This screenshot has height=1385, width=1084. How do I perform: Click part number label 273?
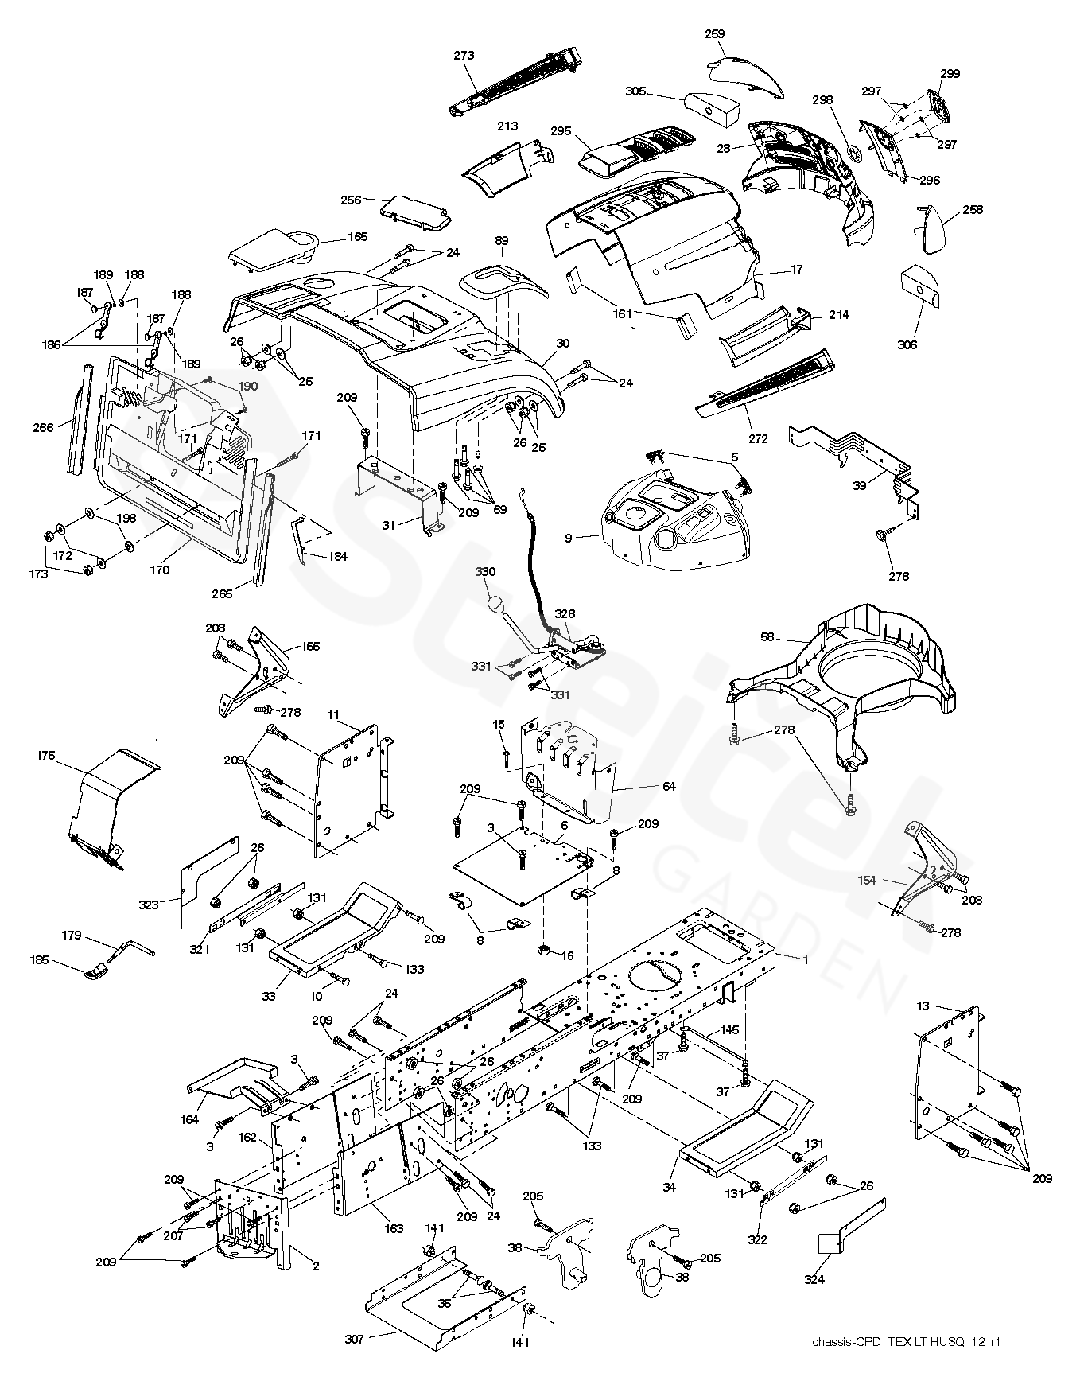(464, 56)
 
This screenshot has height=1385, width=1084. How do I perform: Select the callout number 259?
(714, 34)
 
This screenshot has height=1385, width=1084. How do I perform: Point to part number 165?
(357, 236)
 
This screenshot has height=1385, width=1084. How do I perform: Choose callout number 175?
(46, 756)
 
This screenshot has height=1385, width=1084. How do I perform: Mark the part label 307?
(354, 1340)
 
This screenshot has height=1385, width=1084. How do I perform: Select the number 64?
(669, 787)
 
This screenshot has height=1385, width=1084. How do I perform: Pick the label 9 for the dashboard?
(569, 539)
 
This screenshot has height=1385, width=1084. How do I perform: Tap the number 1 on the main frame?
(805, 960)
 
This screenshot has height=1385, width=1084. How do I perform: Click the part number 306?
(907, 344)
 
